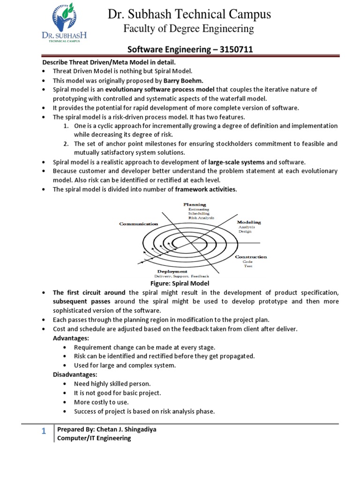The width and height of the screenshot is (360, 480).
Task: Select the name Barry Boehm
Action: (x=183, y=81)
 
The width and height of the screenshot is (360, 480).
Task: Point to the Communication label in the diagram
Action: (x=138, y=224)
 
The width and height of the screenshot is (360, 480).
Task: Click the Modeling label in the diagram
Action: (x=249, y=222)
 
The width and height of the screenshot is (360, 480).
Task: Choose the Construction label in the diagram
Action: (x=251, y=257)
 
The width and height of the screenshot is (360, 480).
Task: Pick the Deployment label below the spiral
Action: (x=172, y=271)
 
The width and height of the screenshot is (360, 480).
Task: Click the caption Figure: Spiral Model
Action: (x=180, y=284)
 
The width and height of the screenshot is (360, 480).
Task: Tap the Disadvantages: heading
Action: (x=75, y=375)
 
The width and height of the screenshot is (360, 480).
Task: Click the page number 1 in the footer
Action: (x=43, y=432)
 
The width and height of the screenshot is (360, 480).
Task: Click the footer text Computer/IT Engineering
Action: (x=94, y=438)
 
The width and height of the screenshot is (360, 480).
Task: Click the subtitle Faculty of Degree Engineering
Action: (x=188, y=29)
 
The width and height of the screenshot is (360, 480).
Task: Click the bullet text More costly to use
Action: (x=101, y=402)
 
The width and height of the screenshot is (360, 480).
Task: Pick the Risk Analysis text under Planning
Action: (x=201, y=218)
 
